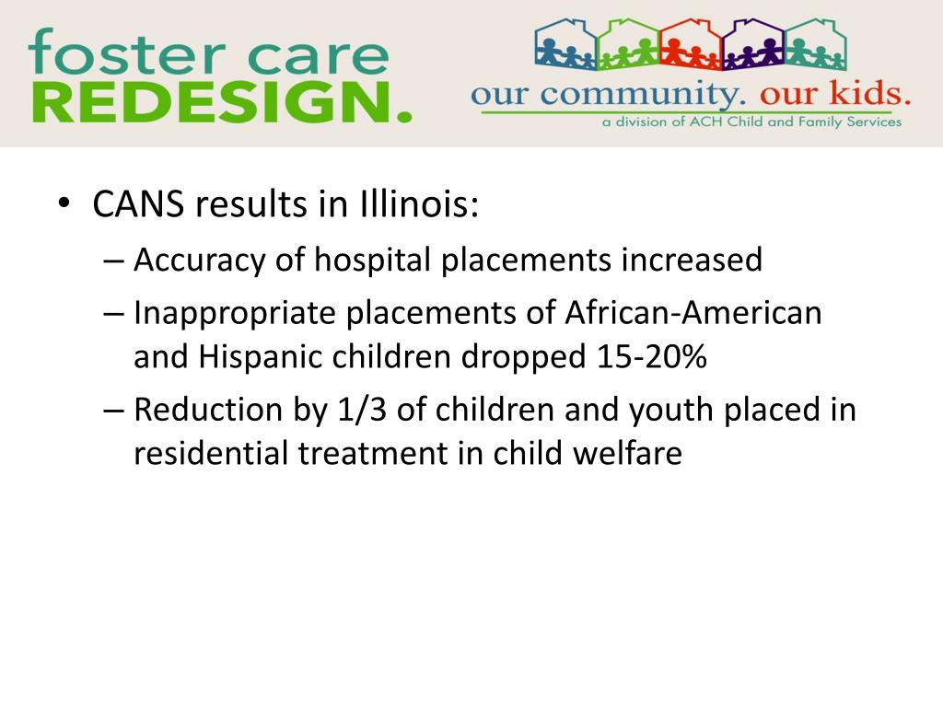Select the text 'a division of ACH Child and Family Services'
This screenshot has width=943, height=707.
click(751, 122)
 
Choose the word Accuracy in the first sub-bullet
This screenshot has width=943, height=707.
click(200, 261)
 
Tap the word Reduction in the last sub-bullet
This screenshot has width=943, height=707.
click(207, 410)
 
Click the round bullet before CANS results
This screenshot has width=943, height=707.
click(63, 205)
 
